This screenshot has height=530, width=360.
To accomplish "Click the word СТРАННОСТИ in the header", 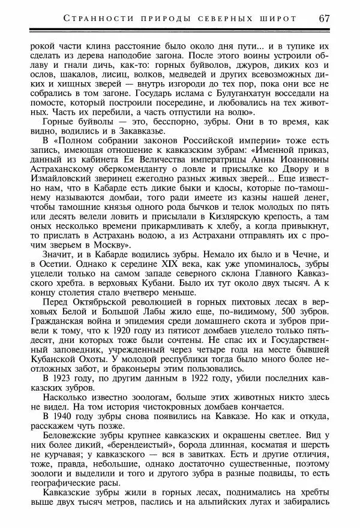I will pos(95,18).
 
